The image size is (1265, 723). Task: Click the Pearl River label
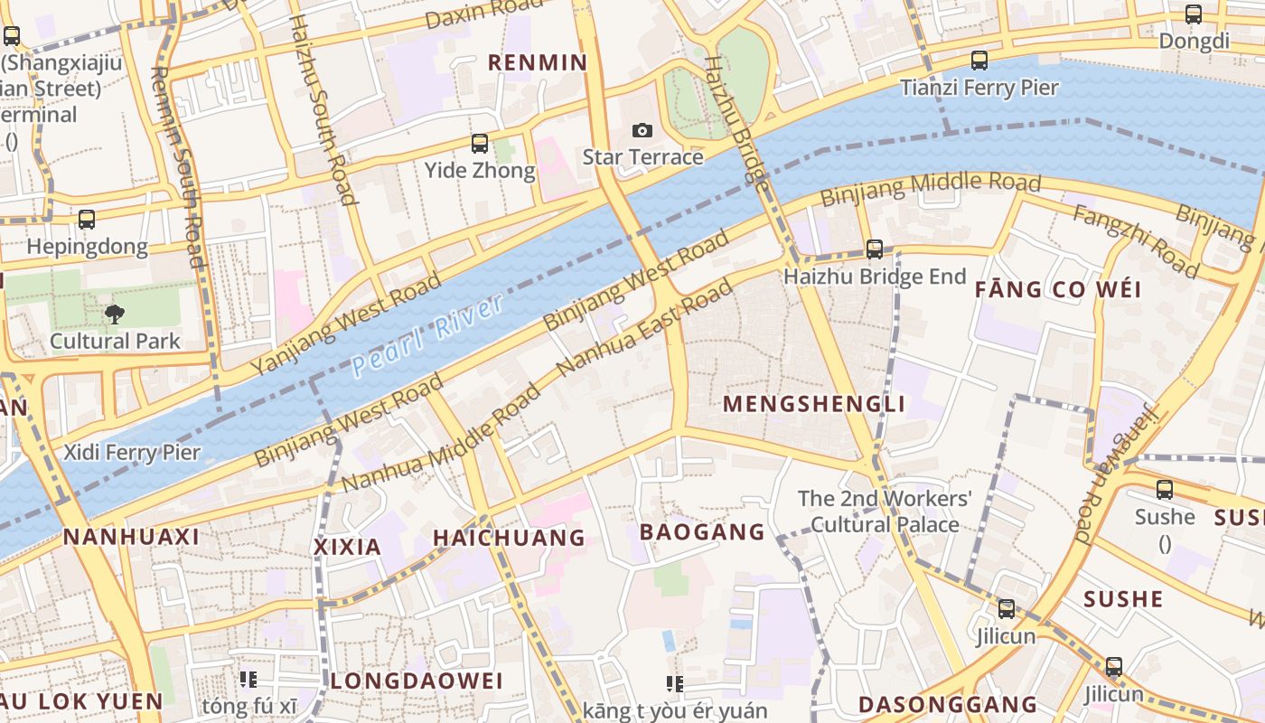pyautogui.click(x=428, y=333)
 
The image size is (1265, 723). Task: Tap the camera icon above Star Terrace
pyautogui.click(x=642, y=131)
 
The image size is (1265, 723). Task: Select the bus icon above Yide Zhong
pyautogui.click(x=480, y=144)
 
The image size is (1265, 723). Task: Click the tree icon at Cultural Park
pyautogui.click(x=115, y=315)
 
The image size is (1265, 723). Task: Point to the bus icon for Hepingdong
pyautogui.click(x=87, y=220)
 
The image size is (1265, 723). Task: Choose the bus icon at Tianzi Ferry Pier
pyautogui.click(x=979, y=61)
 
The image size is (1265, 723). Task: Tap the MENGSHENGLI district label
pyautogui.click(x=814, y=404)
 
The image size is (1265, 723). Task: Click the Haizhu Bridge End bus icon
pyautogui.click(x=874, y=249)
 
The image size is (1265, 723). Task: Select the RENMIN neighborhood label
pyautogui.click(x=538, y=63)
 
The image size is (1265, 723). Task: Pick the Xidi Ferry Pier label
pyautogui.click(x=132, y=453)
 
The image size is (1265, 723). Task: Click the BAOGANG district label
pyautogui.click(x=702, y=531)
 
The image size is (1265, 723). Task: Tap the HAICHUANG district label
pyautogui.click(x=509, y=539)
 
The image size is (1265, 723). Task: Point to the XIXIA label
pyautogui.click(x=347, y=547)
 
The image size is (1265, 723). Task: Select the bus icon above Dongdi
pyautogui.click(x=1194, y=14)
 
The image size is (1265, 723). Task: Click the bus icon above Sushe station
pyautogui.click(x=1165, y=491)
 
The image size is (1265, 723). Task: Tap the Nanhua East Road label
pyautogui.click(x=645, y=329)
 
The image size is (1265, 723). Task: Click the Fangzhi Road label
pyautogui.click(x=1136, y=241)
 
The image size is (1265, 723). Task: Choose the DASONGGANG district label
pyautogui.click(x=947, y=704)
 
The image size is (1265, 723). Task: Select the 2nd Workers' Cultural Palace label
pyautogui.click(x=885, y=512)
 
